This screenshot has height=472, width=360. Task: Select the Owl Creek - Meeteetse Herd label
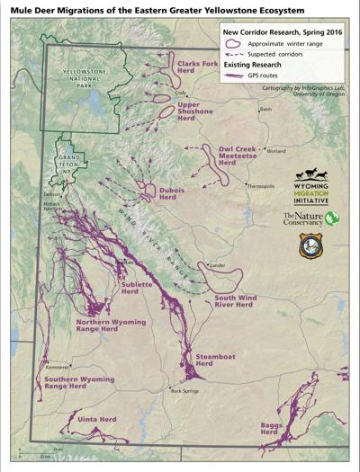pos(238,156)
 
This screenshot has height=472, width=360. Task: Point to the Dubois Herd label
pos(167,193)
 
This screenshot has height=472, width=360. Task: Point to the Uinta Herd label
pos(97,420)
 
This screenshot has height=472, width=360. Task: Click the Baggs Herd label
pos(270,427)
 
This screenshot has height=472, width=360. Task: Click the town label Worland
pos(275,151)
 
